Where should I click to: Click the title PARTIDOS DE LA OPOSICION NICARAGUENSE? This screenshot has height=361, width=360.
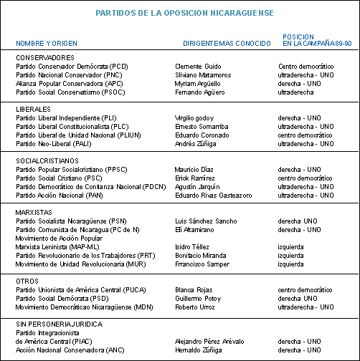point(184,13)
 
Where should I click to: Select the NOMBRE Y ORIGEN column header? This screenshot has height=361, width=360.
point(47,44)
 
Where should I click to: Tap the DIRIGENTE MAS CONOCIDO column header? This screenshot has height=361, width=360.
point(227,44)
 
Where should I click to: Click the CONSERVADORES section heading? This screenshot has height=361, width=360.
point(45,58)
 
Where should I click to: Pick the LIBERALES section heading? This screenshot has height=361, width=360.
point(33,110)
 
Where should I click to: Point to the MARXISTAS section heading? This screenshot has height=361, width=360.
point(34,213)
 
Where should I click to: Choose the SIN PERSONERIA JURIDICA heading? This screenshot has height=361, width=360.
point(60,324)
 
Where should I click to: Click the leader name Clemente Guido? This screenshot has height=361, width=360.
point(198,67)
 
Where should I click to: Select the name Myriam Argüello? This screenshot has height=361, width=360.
point(198,84)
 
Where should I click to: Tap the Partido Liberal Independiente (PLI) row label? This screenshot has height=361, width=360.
point(66,118)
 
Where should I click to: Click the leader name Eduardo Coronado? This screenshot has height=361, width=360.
point(202,135)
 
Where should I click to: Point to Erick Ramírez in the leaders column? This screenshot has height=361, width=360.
point(195,178)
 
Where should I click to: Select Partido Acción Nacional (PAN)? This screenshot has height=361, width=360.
point(60,196)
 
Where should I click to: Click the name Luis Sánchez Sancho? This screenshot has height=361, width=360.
point(206,221)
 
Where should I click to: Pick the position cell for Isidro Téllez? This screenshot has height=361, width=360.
point(290,247)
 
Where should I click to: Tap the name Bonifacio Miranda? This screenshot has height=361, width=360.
point(201,256)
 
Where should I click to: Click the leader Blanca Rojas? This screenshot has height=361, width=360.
point(194,290)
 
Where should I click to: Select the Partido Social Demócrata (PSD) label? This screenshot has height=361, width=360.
point(62,299)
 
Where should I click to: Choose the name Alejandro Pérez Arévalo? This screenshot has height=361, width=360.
point(209,342)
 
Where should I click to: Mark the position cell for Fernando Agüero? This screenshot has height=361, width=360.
point(295,92)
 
